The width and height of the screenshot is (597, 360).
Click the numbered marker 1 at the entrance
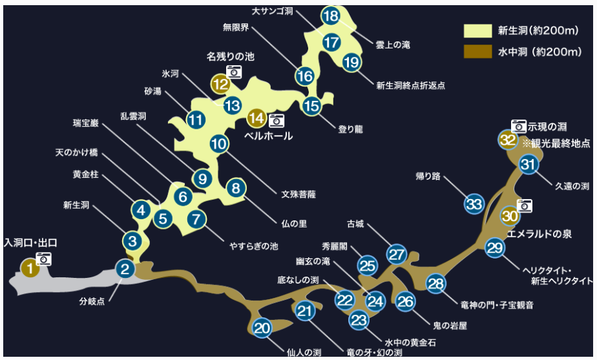[x=29, y=268]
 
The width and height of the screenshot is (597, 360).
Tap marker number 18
[x=330, y=16]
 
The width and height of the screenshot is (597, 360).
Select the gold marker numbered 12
[x=220, y=83]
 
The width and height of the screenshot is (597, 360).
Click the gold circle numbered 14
[x=257, y=118]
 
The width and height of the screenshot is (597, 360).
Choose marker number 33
[x=474, y=205]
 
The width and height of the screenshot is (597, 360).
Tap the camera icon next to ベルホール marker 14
[x=277, y=120]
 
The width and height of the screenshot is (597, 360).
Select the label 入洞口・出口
[x=30, y=243]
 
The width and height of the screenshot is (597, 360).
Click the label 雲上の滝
[x=392, y=45]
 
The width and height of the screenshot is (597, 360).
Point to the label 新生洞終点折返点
[x=410, y=85]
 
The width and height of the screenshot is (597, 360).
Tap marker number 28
[x=436, y=283]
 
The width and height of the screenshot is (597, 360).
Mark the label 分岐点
[x=92, y=301]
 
